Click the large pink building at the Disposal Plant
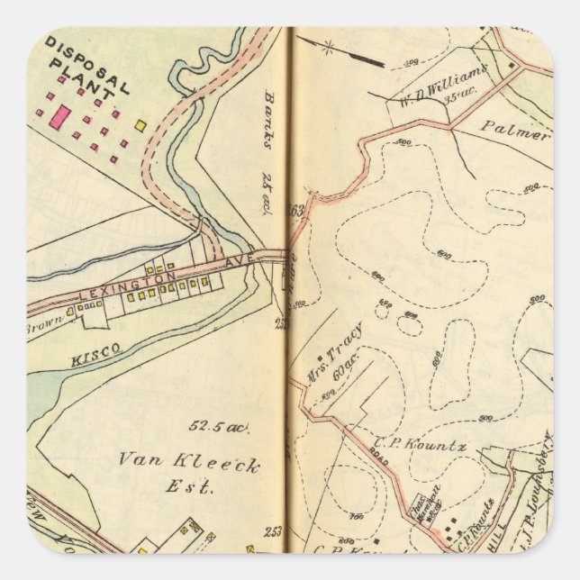coord(60,115)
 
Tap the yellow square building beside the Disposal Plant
coord(140,125)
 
